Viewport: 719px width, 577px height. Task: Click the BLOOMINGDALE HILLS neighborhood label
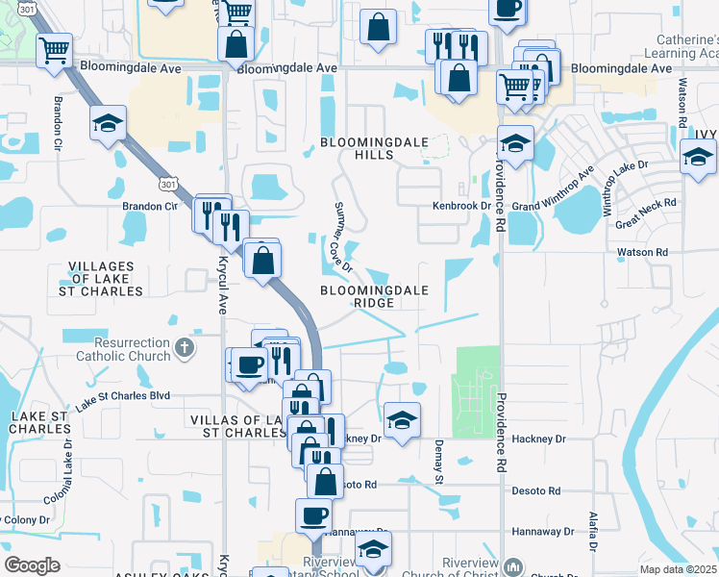click(x=357, y=148)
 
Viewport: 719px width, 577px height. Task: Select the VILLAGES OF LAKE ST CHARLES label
click(x=106, y=278)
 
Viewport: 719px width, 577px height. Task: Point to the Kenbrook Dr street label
click(x=461, y=206)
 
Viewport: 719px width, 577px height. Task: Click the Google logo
click(x=33, y=565)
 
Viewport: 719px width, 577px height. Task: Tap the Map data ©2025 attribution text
click(x=678, y=569)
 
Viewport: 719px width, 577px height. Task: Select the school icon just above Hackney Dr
click(x=402, y=419)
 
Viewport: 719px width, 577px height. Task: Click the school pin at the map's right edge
click(x=698, y=156)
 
